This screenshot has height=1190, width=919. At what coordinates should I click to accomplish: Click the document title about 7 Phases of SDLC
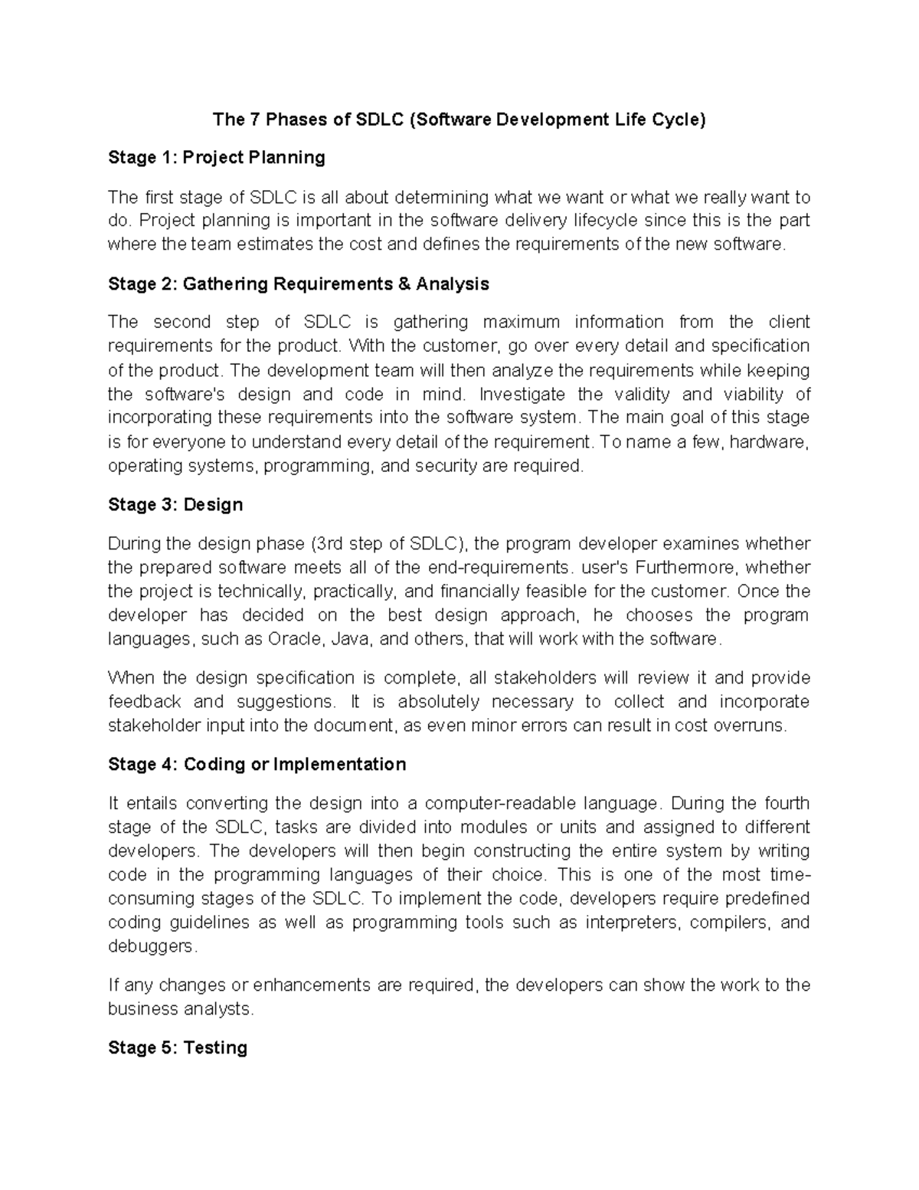click(459, 120)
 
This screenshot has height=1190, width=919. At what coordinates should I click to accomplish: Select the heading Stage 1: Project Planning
click(217, 158)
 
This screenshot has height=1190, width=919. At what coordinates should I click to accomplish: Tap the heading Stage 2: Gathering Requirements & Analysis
click(299, 284)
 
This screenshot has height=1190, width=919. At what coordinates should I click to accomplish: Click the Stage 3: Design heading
click(175, 505)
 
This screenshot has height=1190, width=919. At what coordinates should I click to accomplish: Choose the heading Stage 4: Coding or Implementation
click(257, 765)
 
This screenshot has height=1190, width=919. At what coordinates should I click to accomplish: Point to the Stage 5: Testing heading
click(178, 1047)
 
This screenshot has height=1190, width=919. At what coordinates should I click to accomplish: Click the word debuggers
click(152, 946)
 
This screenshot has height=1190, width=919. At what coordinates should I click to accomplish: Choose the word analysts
click(218, 1009)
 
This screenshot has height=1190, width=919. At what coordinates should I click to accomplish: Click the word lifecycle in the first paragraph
click(601, 221)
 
